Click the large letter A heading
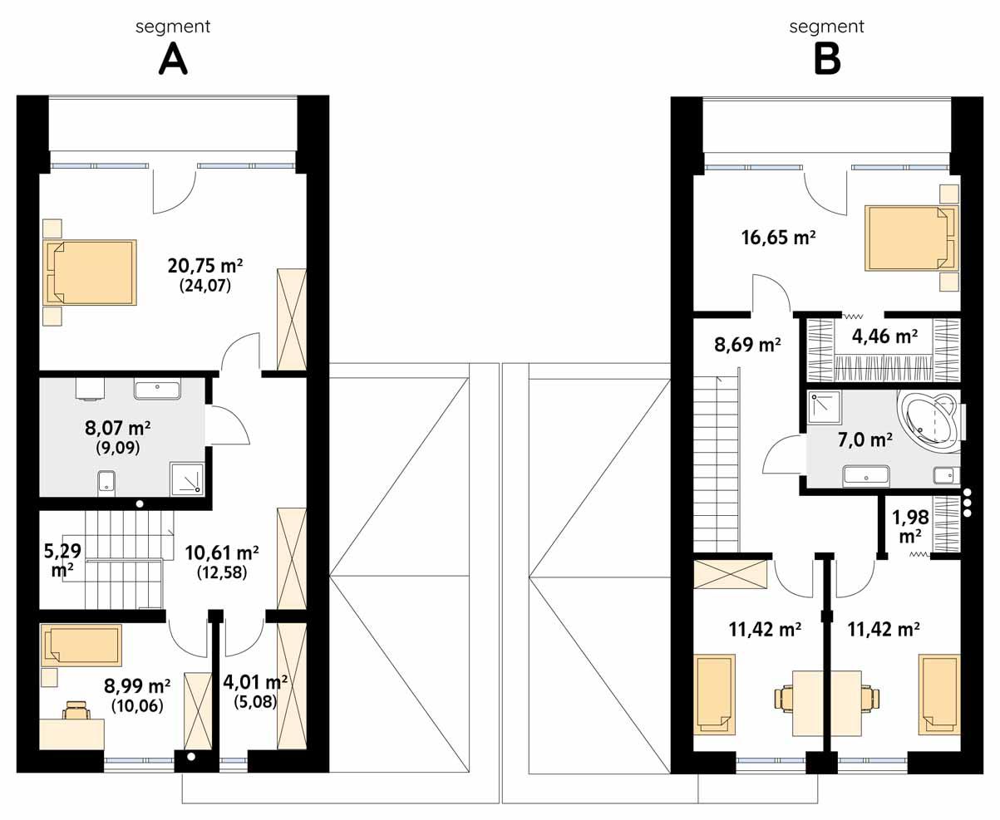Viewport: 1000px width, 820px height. click(x=172, y=59)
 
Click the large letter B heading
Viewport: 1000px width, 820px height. click(x=826, y=59)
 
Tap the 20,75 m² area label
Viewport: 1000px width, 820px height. click(x=204, y=267)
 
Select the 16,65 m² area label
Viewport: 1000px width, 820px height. click(x=777, y=238)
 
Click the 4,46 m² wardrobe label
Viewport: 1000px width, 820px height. click(x=884, y=336)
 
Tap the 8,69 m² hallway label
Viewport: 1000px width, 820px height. click(x=747, y=344)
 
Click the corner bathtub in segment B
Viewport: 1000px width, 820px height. click(x=929, y=422)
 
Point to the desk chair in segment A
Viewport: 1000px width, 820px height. click(x=76, y=710)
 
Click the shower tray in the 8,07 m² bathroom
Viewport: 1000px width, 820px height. click(x=186, y=479)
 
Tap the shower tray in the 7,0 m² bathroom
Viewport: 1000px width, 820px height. click(x=825, y=407)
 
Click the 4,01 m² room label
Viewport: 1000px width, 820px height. click(x=255, y=682)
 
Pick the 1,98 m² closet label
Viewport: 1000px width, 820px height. click(x=906, y=527)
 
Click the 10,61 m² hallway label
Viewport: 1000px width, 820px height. click(x=221, y=552)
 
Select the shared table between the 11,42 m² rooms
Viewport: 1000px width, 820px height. click(x=826, y=703)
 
